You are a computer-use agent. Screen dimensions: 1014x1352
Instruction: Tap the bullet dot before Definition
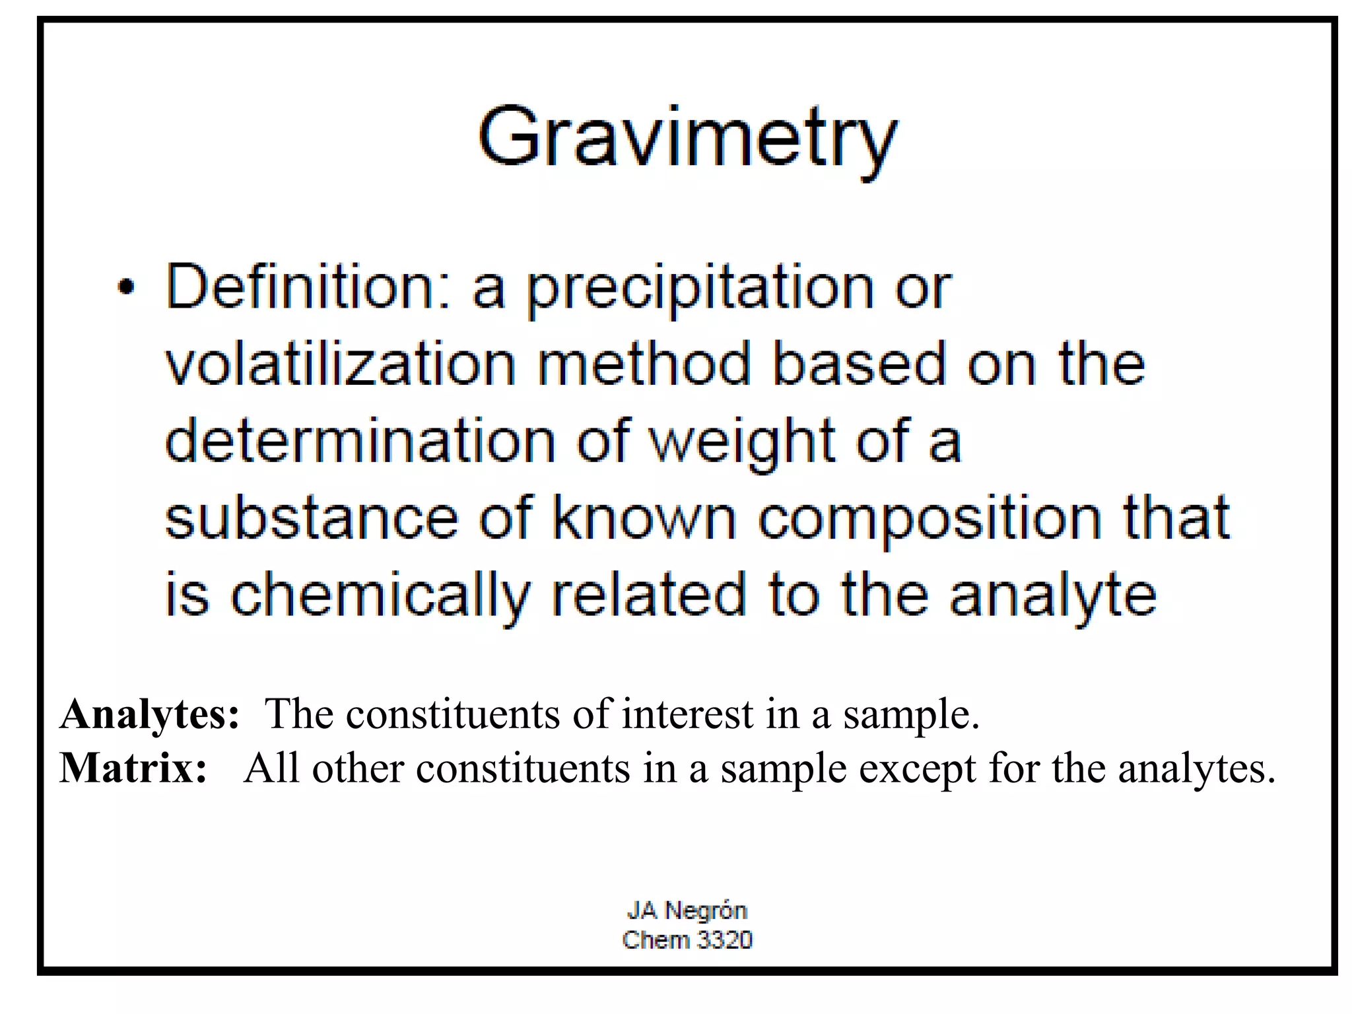coord(125,288)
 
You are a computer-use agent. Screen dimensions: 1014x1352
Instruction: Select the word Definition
coord(308,288)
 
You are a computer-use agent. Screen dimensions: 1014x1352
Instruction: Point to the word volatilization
coord(340,364)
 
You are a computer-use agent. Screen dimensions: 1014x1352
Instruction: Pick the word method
coord(644,364)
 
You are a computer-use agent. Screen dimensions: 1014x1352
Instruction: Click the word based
coord(859,364)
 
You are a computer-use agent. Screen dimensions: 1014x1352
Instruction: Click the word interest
coord(687,714)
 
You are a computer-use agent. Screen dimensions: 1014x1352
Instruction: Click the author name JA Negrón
coord(687,910)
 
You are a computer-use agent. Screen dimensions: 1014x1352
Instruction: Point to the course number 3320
coord(724,939)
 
